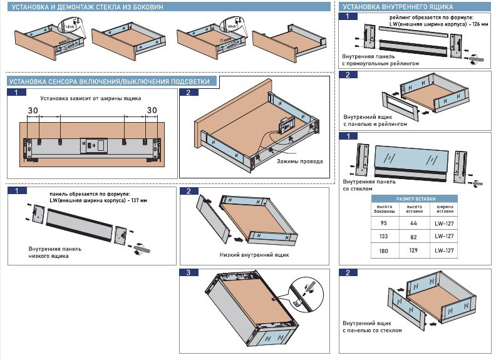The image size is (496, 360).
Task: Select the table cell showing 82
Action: (413, 236)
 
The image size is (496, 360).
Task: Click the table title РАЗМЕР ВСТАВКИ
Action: (413, 198)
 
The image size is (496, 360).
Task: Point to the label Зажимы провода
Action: (300, 162)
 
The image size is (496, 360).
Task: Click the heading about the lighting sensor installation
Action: (113, 81)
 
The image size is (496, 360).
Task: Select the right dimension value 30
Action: (152, 110)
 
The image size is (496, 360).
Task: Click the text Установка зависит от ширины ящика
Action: (91, 98)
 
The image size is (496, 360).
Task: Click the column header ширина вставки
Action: (443, 209)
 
